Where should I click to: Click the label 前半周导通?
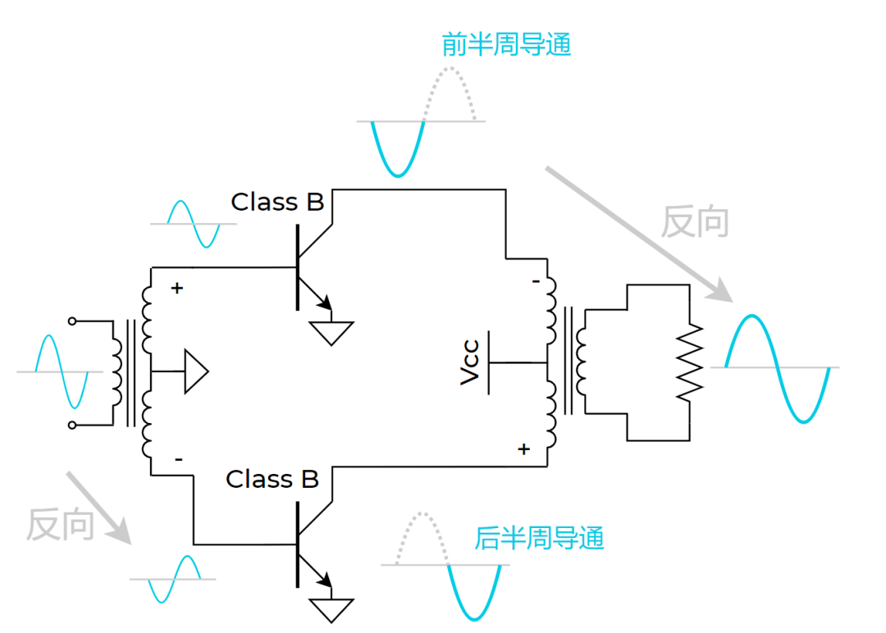coord(505,44)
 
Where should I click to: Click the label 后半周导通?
coord(539,538)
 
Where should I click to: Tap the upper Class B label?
coord(277,202)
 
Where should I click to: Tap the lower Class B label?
coord(272,479)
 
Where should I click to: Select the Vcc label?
coord(470,363)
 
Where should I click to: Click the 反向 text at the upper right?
coord(695,221)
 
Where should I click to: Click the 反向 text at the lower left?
coord(60,524)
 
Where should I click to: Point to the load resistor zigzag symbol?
coord(690,362)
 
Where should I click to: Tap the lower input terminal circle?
coord(72,425)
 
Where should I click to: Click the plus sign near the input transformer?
coord(176,289)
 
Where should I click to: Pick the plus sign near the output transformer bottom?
coord(523,449)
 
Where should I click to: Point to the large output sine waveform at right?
coord(777,367)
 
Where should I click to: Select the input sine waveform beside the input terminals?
coord(61,371)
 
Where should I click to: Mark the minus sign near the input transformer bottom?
coord(178,459)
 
